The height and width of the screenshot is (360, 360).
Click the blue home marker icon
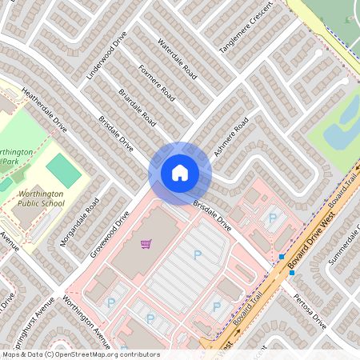[x=179, y=172]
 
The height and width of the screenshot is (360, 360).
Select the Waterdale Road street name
[x=177, y=57]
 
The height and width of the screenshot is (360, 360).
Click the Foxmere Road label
[x=157, y=82]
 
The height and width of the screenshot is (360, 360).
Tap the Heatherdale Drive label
[x=46, y=110]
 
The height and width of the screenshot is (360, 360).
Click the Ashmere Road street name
[x=231, y=137]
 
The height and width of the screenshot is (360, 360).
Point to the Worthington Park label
[x=16, y=156]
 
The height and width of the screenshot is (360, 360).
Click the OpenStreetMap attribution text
[x=80, y=354]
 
